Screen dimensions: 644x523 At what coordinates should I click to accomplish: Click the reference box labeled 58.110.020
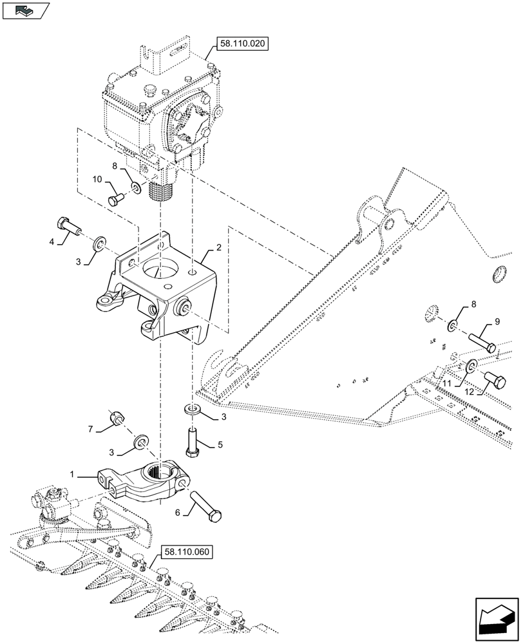tap(240, 44)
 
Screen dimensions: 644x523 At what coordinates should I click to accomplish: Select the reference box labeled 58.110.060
tap(187, 552)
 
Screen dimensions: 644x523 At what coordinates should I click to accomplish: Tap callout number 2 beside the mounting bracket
tap(219, 247)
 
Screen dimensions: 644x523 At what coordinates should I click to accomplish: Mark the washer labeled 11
tap(471, 366)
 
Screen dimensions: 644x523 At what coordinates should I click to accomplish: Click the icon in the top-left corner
tap(26, 10)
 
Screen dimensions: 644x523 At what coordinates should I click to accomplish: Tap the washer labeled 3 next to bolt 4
tap(100, 244)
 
